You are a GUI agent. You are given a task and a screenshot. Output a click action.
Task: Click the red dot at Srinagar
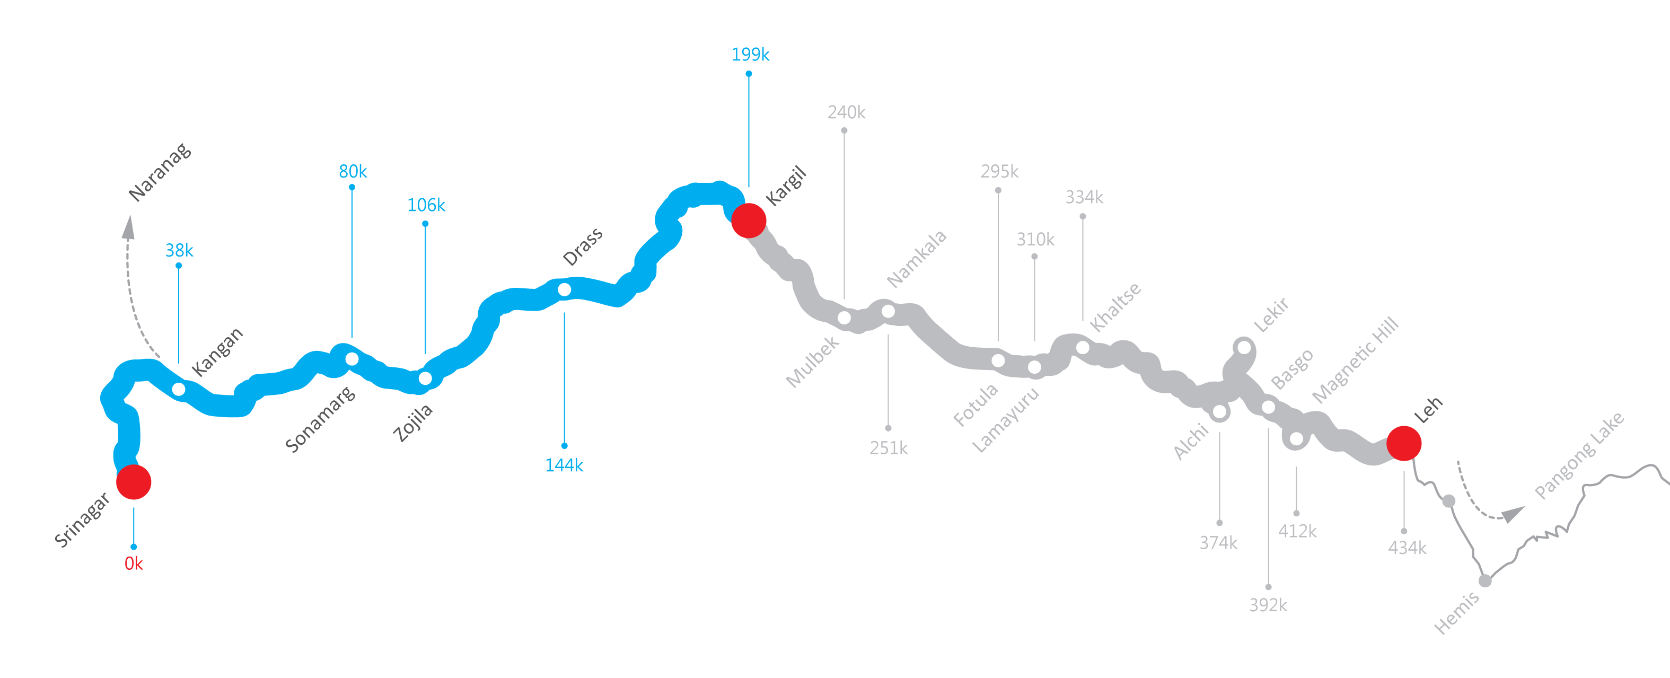click(x=134, y=482)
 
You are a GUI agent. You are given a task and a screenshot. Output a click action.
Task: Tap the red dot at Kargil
click(x=749, y=221)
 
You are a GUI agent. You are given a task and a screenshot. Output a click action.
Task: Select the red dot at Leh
click(x=1404, y=443)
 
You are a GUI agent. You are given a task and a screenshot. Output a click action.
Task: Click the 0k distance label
click(x=134, y=564)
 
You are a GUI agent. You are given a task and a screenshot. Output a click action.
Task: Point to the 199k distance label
click(x=750, y=55)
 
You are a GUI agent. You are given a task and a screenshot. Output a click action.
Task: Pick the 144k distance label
click(x=564, y=465)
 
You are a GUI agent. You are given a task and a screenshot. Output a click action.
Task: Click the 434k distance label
click(x=1407, y=548)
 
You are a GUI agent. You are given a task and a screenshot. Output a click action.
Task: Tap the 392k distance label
click(x=1268, y=605)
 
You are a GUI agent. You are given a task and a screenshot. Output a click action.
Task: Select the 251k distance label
click(x=888, y=448)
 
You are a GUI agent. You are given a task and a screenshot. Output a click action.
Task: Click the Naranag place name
click(x=160, y=172)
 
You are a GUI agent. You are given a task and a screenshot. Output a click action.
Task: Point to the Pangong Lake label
click(x=1579, y=456)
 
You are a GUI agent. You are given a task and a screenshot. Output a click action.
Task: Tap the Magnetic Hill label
click(x=1355, y=360)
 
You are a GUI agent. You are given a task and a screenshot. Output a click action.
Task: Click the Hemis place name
click(x=1456, y=613)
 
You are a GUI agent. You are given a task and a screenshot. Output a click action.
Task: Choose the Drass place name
click(x=582, y=247)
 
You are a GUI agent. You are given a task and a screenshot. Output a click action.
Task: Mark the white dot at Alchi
click(x=1219, y=411)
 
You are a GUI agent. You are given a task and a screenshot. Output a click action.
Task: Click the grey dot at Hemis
click(x=1484, y=581)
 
